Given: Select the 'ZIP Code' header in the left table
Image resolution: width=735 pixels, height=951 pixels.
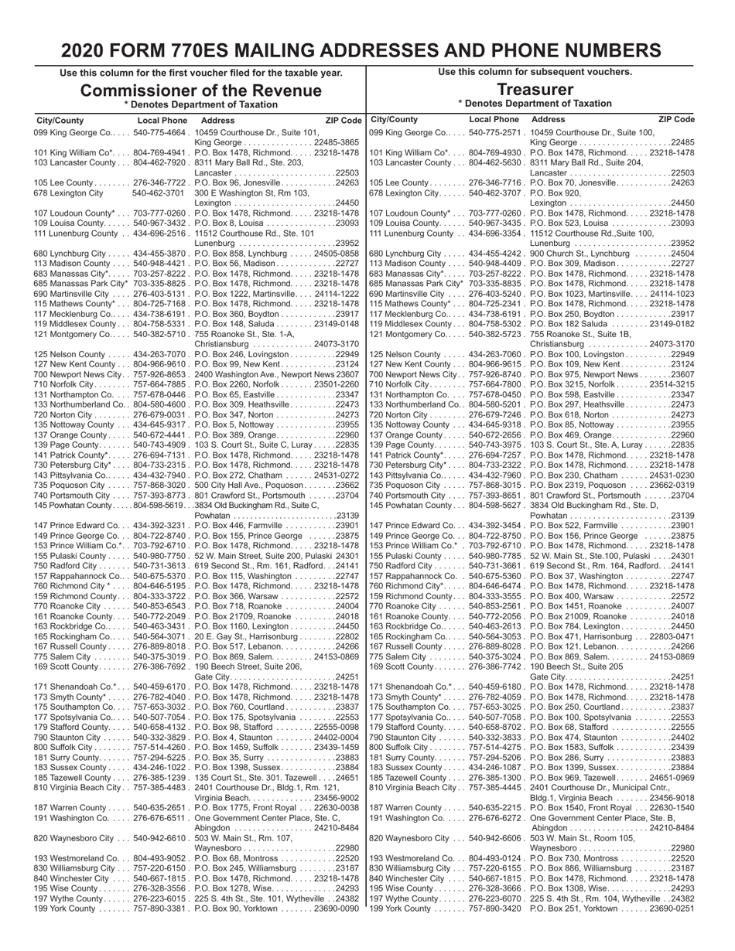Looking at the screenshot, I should (x=344, y=121).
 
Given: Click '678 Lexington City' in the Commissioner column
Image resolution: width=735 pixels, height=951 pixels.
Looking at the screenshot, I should (x=68, y=193).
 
